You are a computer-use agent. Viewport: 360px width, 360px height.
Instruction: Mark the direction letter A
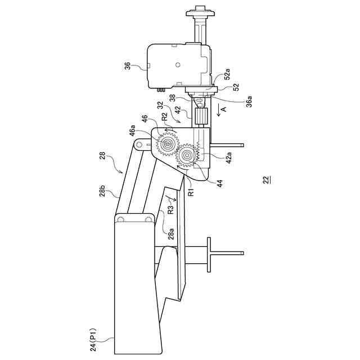223,109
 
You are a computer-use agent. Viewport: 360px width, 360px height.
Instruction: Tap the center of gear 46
167,145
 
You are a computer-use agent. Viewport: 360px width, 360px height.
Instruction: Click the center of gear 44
186,155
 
